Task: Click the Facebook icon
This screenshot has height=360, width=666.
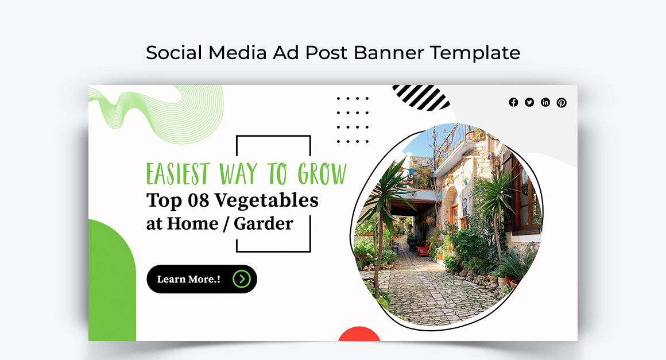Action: coord(513,102)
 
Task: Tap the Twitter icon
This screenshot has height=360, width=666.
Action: coord(529,102)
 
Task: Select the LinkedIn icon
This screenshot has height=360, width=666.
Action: coord(545,102)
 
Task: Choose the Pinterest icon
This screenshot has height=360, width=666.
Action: coord(562,103)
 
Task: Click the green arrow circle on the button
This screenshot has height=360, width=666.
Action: coord(242,279)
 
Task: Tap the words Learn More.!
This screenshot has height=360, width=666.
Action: coord(188,280)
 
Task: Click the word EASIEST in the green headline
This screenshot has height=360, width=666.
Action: coord(177,173)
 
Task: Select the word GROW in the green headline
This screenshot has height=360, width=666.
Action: coord(322,173)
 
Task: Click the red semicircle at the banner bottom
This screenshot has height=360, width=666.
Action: coord(359,335)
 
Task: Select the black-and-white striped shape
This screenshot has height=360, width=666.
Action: coord(421,96)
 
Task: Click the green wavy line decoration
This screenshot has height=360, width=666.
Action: coord(155,112)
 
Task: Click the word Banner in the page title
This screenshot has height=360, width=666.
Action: coord(389,53)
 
